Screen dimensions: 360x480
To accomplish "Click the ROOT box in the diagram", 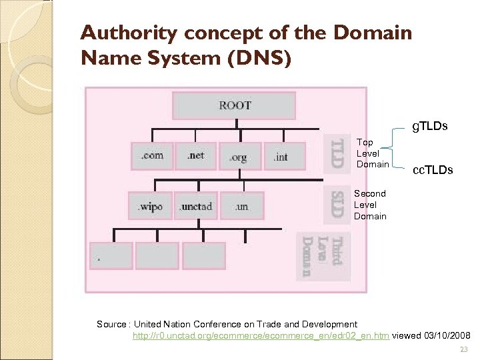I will [233, 105].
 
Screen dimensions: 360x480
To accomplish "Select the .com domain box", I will [152, 156].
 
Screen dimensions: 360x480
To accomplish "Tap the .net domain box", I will [196, 156].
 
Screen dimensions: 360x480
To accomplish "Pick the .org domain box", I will [239, 157].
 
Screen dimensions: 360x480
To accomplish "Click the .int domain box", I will [281, 157].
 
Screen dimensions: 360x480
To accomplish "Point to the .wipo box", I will [150, 206].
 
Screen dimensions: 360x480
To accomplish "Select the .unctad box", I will [196, 206].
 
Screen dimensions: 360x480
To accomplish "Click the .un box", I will [241, 206].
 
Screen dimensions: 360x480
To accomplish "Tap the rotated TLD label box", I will [337, 153].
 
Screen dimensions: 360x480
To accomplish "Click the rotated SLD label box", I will [337, 204].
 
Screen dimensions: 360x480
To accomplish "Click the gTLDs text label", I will [429, 126].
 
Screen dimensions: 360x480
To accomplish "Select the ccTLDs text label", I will [432, 170].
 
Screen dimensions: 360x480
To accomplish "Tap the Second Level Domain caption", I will [370, 205].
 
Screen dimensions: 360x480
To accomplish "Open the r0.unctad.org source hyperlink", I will [261, 335].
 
